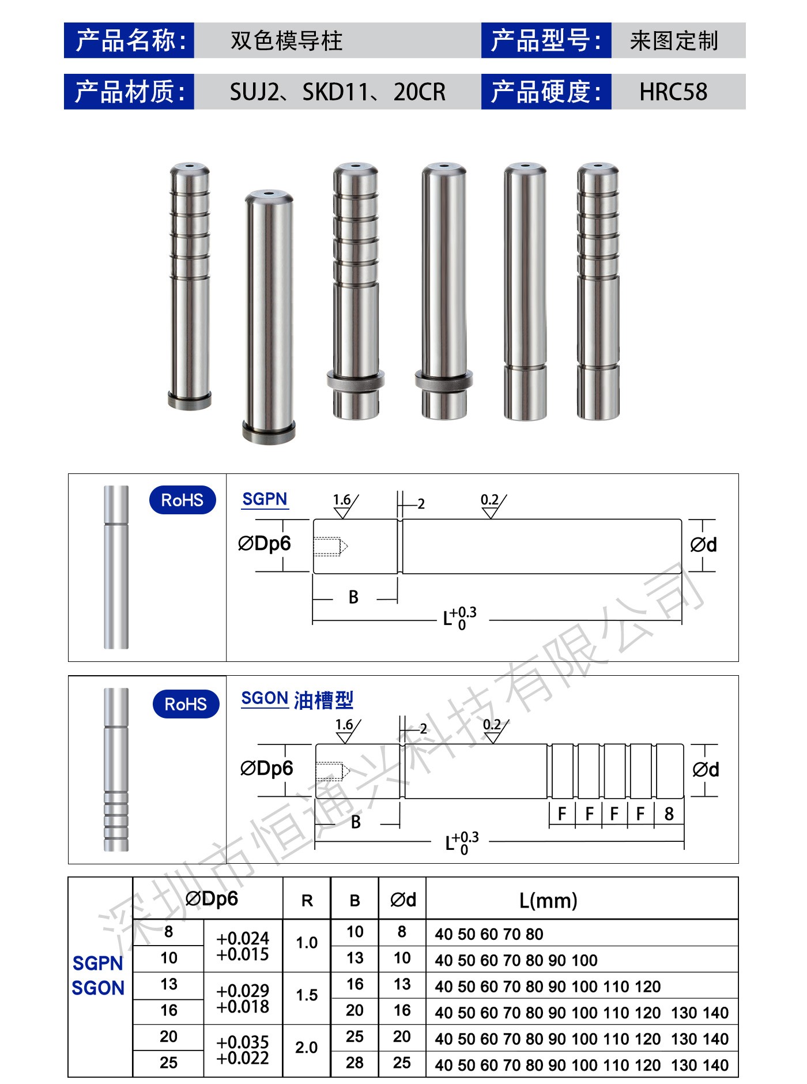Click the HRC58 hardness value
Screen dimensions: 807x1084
tap(673, 92)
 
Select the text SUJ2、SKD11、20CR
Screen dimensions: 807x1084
tap(338, 92)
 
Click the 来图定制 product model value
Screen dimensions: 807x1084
tap(674, 41)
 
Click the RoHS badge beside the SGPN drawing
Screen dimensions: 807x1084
tap(182, 500)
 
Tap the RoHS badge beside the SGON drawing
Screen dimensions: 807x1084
tap(186, 704)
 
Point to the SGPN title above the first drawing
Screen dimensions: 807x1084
tap(265, 499)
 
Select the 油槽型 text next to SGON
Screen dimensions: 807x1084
tap(323, 700)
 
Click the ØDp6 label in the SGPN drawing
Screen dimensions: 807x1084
tap(265, 543)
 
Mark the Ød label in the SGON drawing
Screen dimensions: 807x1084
tap(706, 769)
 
